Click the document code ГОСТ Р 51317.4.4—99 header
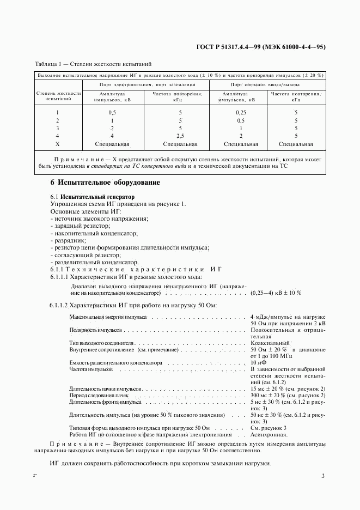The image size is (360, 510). tap(260, 47)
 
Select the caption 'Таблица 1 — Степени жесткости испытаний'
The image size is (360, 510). tap(93, 64)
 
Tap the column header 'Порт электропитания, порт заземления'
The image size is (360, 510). tap(147, 84)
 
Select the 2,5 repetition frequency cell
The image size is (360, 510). tap(177, 136)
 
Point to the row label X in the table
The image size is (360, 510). tap(57, 144)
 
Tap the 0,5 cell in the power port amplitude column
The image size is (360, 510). tap(112, 112)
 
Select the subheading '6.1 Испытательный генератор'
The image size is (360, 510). tap(92, 196)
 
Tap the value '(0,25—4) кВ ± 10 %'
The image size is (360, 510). tap(276, 293)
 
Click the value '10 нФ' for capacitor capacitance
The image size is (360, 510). tap(259, 362)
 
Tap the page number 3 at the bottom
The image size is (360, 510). tap(323, 476)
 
